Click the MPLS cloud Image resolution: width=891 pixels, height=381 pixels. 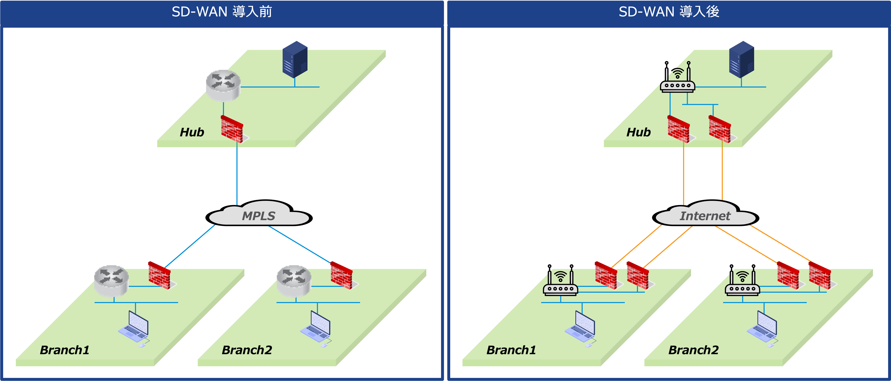pyautogui.click(x=259, y=213)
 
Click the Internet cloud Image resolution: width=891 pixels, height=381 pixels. pyautogui.click(x=705, y=213)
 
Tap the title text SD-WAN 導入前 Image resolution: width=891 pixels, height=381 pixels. pyautogui.click(x=222, y=12)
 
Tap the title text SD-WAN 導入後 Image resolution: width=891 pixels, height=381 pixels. pyautogui.click(x=669, y=12)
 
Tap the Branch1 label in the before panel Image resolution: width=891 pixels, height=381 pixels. pyautogui.click(x=65, y=350)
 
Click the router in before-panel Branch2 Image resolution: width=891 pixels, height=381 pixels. pyautogui.click(x=294, y=281)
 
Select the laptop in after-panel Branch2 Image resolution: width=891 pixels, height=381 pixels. pyautogui.click(x=763, y=328)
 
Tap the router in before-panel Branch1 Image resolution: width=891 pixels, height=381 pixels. pyautogui.click(x=111, y=281)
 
